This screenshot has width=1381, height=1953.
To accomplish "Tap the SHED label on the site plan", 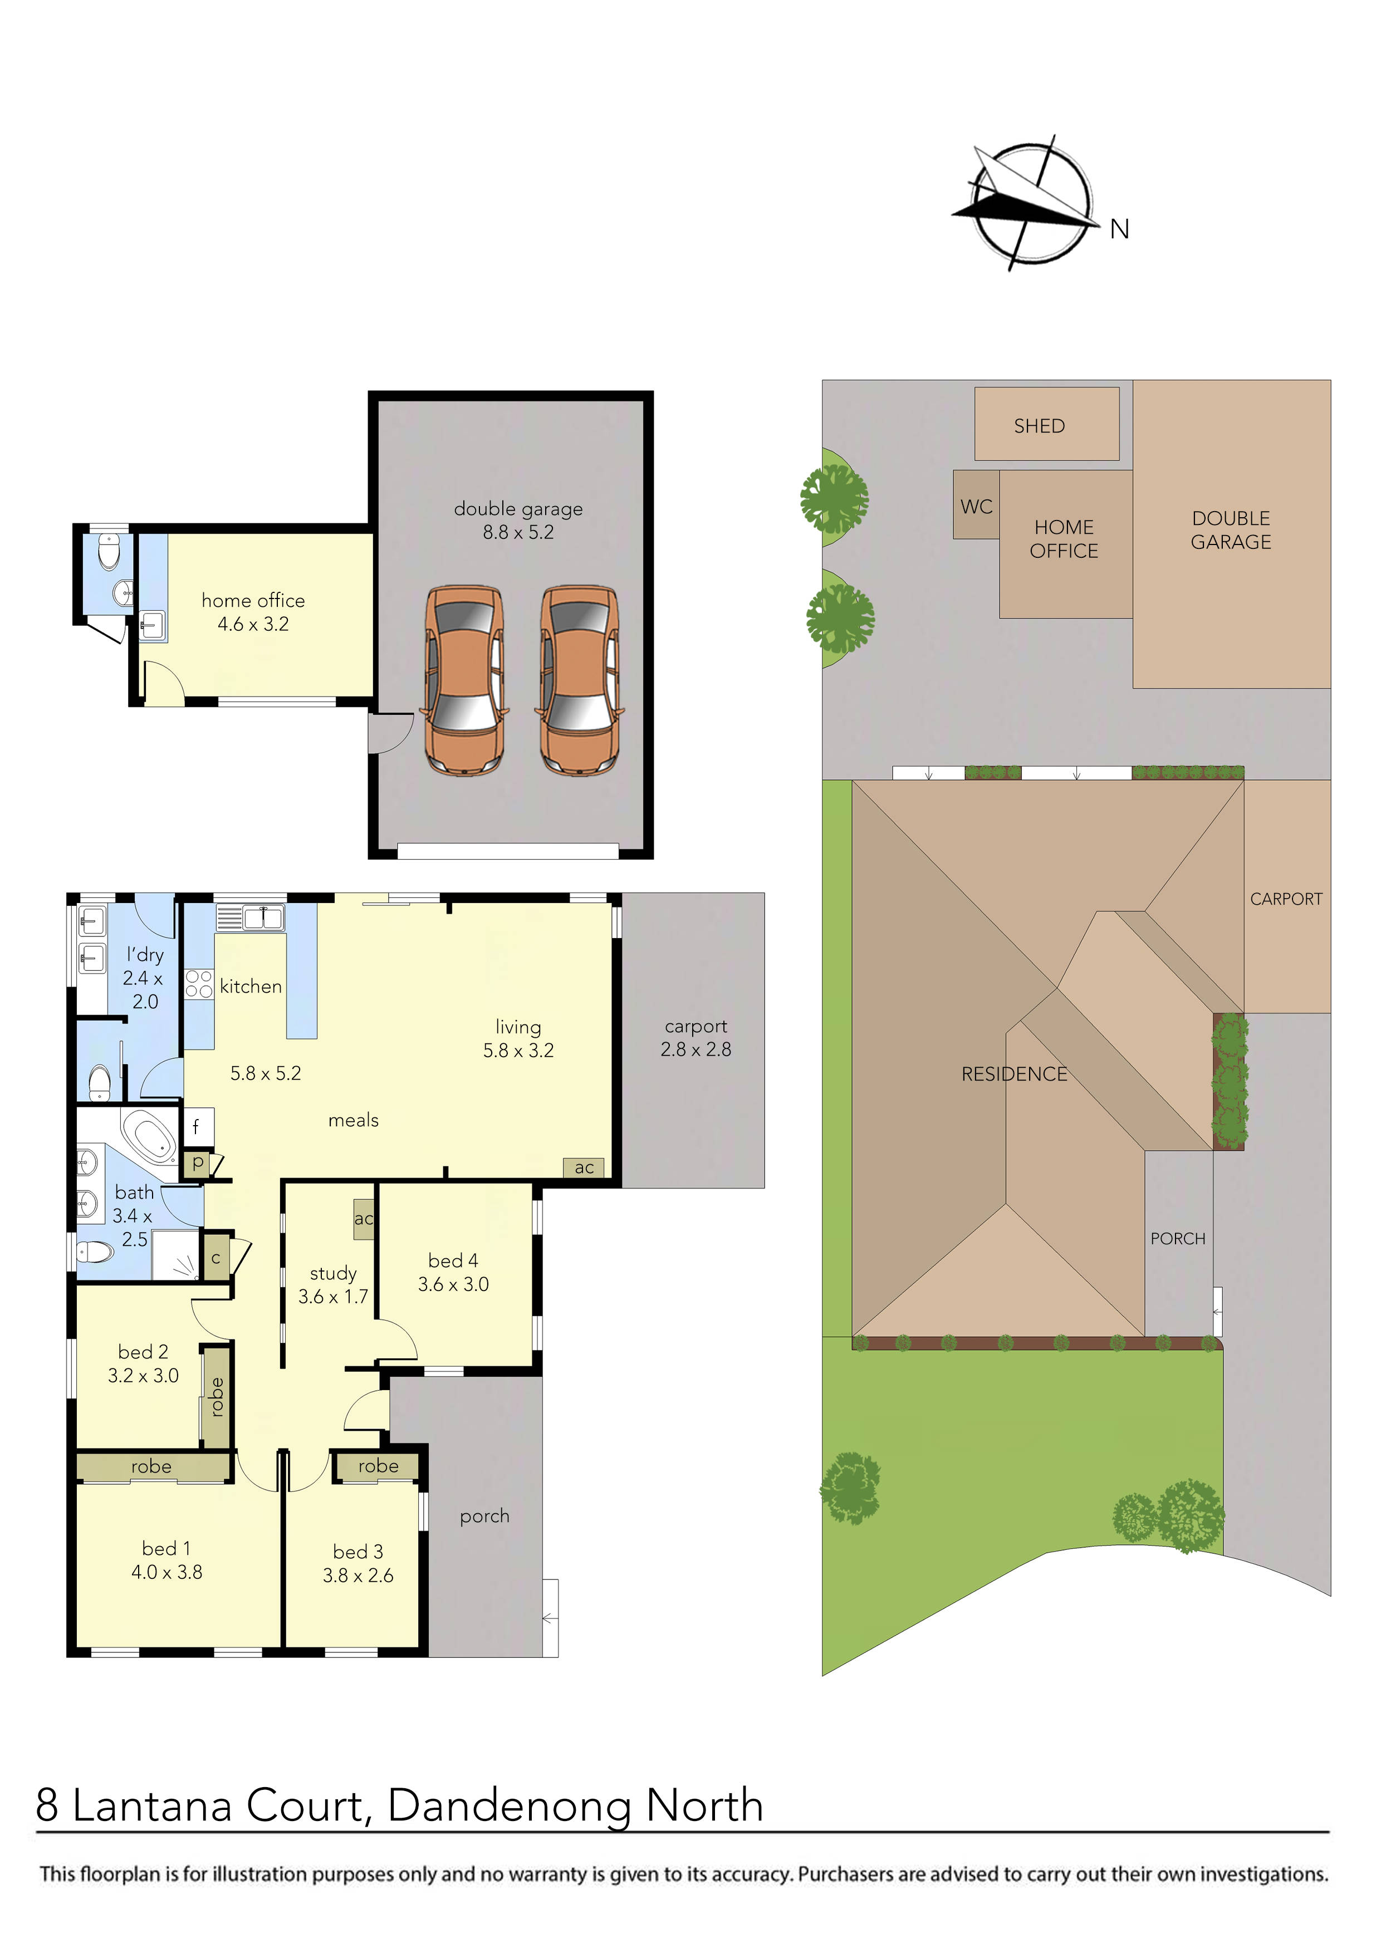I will coord(1039,426).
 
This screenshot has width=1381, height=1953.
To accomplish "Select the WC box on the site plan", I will coord(976,506).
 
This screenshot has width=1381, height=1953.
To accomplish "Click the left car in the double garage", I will coord(464,680).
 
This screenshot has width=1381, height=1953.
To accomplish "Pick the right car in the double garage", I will coord(580,680).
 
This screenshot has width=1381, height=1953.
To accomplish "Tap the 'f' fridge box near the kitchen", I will coord(197,1127).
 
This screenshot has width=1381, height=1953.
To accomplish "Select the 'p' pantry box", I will coord(198,1162).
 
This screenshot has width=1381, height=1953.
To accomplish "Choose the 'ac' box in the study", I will coord(363,1219).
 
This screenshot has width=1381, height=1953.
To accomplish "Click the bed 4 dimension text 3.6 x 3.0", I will coord(453,1284).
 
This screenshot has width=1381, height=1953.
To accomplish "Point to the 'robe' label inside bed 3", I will coord(378,1466).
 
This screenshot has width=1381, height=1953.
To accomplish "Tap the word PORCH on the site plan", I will coord(1178,1239).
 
